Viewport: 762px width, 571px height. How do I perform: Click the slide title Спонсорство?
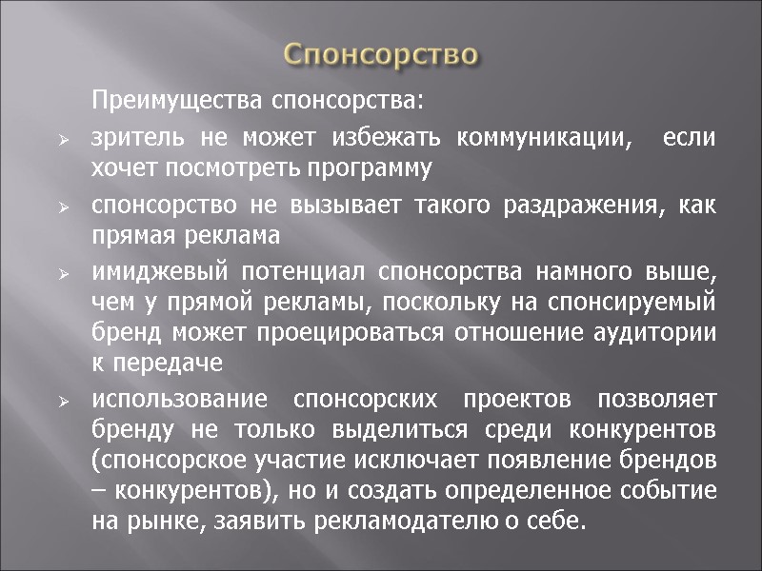coord(381,52)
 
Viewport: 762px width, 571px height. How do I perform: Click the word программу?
coord(351,169)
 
